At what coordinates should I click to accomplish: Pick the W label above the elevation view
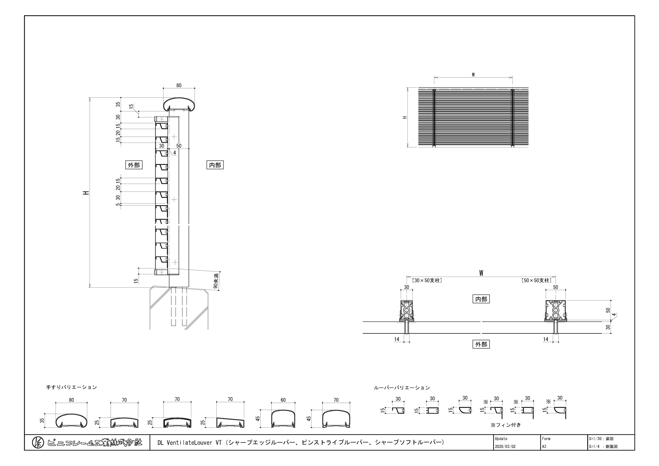pos(473,75)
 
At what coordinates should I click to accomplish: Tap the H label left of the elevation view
pos(405,117)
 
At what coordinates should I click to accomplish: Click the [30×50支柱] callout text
pos(427,280)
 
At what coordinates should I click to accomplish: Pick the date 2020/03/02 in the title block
pos(505,446)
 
